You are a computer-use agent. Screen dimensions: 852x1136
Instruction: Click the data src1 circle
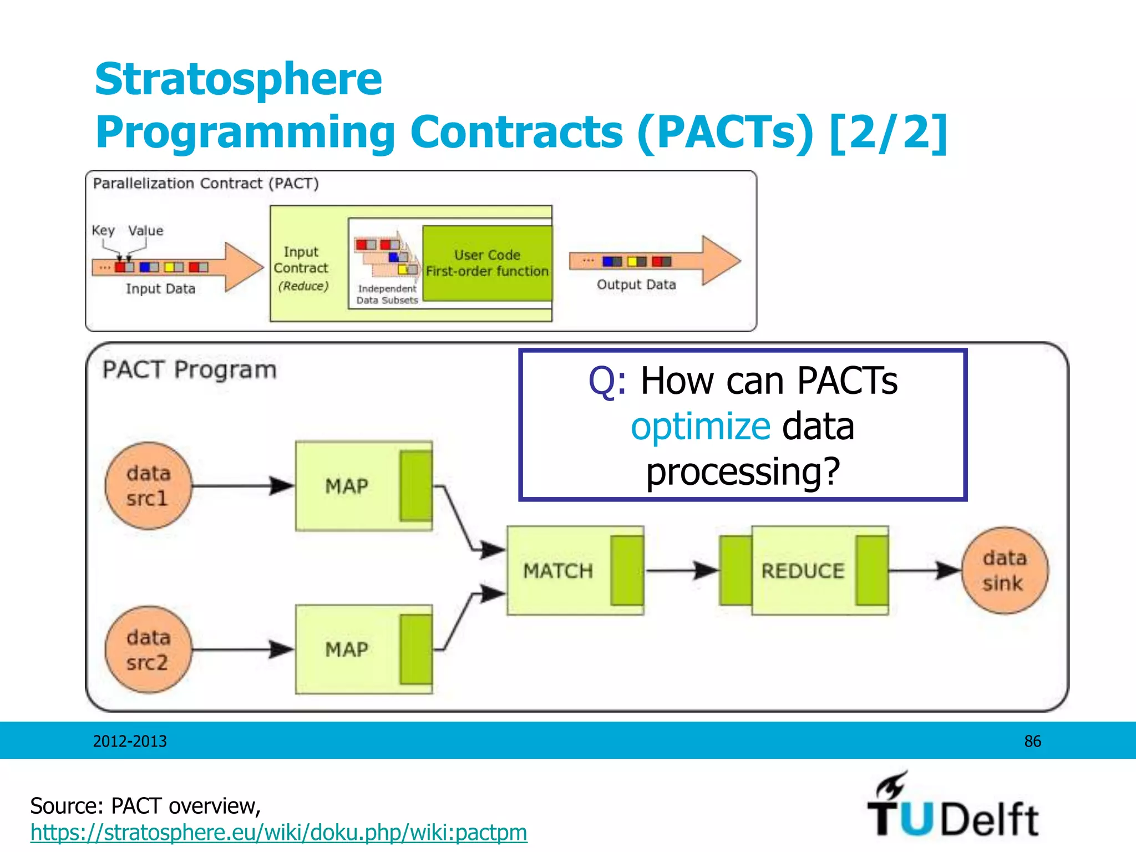148,485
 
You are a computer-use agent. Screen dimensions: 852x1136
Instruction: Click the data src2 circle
148,649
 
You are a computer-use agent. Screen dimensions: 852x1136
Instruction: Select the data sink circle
1005,570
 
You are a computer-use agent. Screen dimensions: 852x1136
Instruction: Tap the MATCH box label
558,571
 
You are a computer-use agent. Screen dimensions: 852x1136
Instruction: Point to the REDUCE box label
803,571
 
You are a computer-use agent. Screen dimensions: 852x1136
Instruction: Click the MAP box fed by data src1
347,486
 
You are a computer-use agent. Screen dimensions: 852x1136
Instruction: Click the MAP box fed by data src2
347,649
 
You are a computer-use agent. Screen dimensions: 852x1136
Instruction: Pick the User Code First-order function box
487,263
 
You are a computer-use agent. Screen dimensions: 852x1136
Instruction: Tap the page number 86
1032,741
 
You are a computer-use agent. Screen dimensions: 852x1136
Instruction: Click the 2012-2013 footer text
130,741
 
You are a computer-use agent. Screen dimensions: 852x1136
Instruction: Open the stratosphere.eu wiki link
278,833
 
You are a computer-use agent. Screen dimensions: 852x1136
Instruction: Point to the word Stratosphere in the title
239,79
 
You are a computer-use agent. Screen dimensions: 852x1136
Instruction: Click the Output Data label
636,285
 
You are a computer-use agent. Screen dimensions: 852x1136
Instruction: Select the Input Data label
160,288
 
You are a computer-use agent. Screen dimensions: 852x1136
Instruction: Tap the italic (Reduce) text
303,286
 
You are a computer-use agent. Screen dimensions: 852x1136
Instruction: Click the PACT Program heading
189,369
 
